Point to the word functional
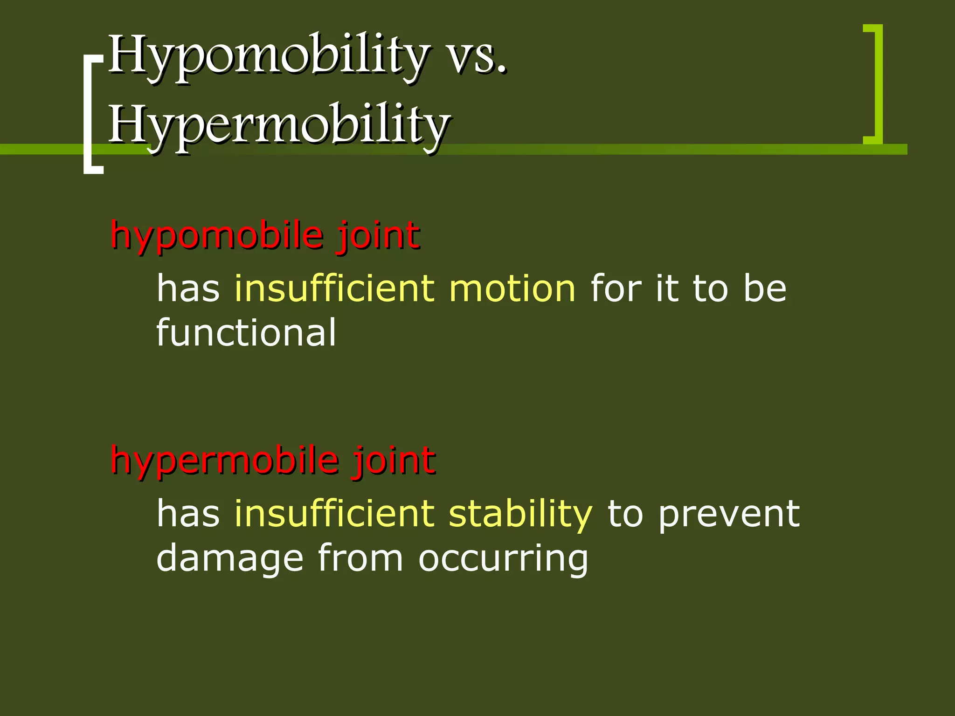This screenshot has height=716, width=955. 246,332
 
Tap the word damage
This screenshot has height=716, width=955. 229,558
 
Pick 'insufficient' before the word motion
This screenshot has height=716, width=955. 334,289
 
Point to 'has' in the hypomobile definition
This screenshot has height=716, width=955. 188,289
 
